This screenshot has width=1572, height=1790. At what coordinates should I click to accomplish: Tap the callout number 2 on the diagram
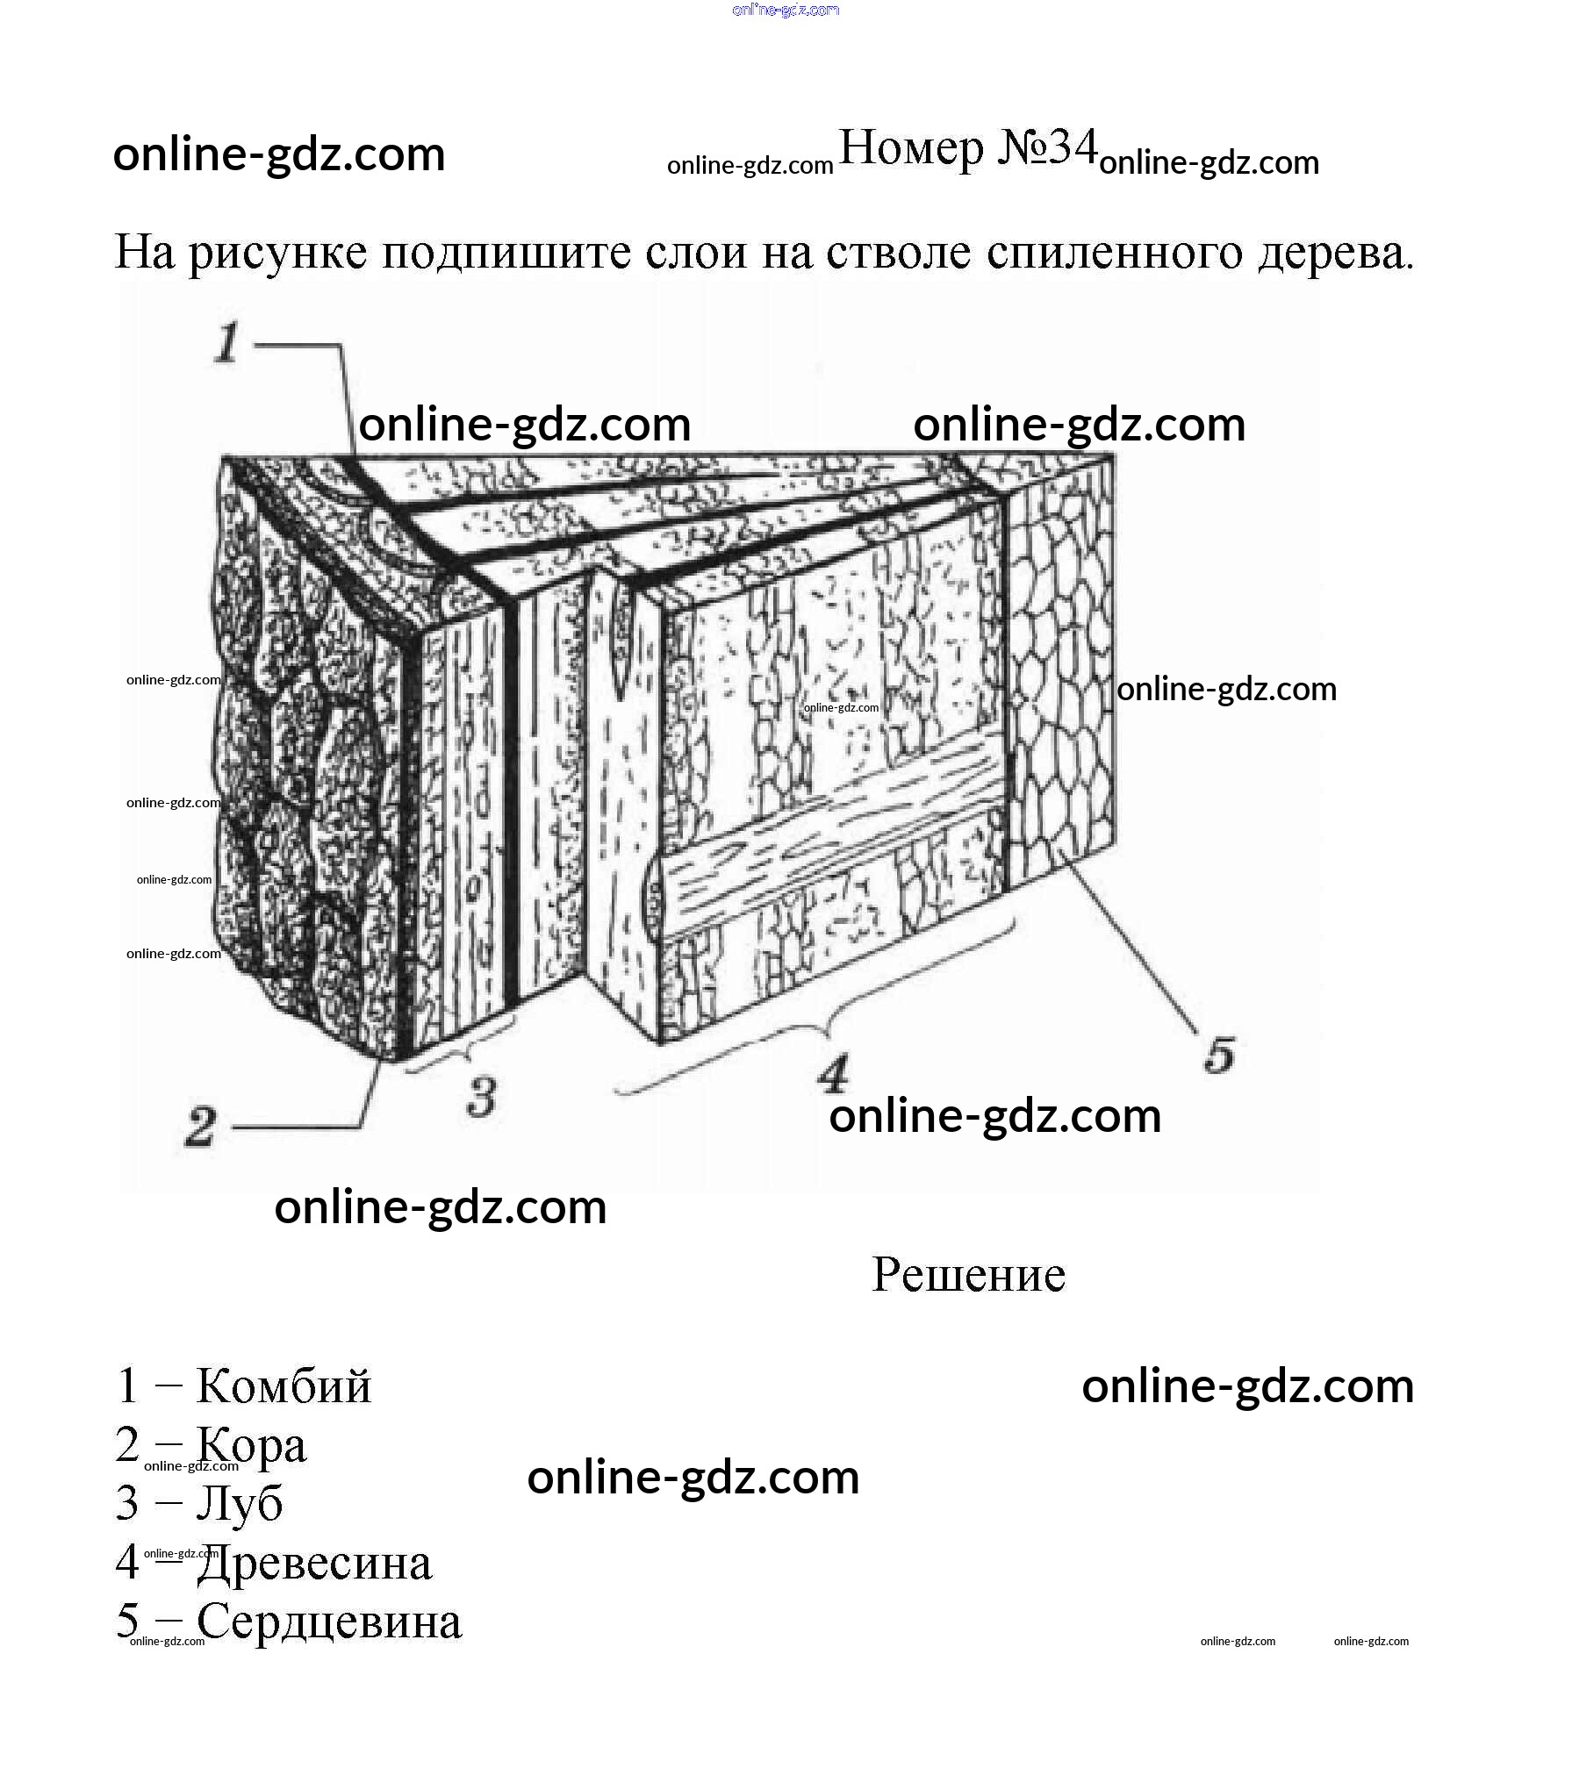[x=200, y=1127]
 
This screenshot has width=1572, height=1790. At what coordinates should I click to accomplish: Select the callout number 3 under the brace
[x=481, y=1097]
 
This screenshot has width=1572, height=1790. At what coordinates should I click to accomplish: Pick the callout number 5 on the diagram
[x=1219, y=1055]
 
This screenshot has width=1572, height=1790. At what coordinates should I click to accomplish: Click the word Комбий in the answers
[x=284, y=1386]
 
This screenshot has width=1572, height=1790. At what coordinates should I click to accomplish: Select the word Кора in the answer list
[x=251, y=1445]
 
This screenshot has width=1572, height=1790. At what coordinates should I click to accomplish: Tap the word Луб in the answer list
[x=239, y=1503]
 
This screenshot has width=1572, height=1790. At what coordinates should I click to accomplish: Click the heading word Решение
[x=968, y=1274]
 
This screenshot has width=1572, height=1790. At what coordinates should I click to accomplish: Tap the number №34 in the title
[x=1047, y=147]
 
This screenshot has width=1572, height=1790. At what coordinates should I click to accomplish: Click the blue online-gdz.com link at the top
[x=786, y=11]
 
